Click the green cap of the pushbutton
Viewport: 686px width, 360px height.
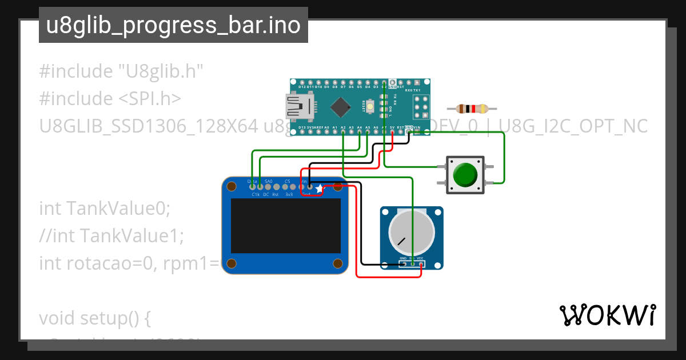[465, 174]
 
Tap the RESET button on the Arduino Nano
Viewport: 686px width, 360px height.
[371, 106]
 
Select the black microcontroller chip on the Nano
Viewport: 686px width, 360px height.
[341, 106]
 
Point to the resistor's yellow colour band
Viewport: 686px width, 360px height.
[484, 109]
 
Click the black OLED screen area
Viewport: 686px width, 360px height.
[285, 226]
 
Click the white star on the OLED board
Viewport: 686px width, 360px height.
[319, 188]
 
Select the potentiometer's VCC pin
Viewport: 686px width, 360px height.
[420, 264]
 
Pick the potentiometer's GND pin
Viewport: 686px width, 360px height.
[404, 264]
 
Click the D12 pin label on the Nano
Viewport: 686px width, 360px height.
[302, 87]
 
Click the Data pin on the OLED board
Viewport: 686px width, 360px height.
[252, 186]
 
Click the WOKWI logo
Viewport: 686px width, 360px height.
[607, 315]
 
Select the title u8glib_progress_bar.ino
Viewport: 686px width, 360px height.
[173, 26]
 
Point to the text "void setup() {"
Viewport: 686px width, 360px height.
[95, 318]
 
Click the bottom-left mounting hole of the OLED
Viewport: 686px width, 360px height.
[232, 263]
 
